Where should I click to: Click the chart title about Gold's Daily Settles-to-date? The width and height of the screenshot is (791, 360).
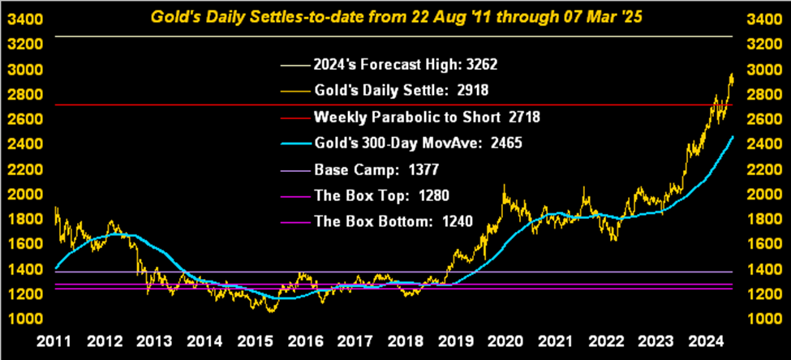point(395,15)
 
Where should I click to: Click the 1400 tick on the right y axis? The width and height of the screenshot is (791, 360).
point(763,269)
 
